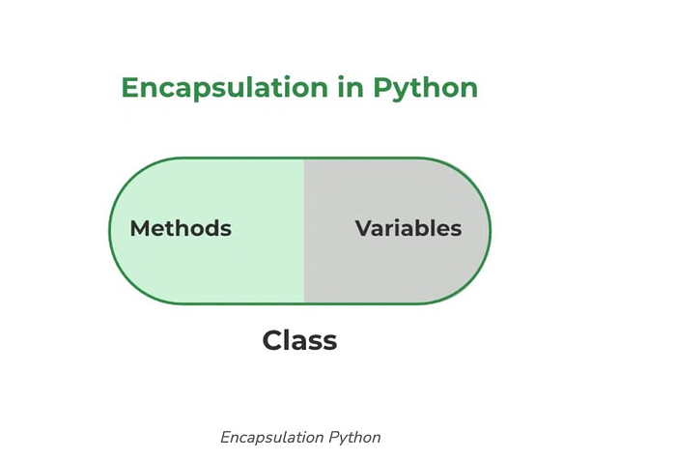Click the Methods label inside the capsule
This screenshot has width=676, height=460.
click(x=181, y=229)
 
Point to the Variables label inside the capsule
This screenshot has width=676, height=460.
click(x=408, y=229)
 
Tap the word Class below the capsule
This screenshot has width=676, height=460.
click(x=299, y=340)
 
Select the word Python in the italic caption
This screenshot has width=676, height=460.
click(x=354, y=437)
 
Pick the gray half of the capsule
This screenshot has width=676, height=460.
click(x=386, y=275)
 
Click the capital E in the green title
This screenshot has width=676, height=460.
click(x=129, y=88)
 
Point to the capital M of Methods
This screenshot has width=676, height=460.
click(x=139, y=229)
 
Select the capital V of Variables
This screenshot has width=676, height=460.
click(x=363, y=229)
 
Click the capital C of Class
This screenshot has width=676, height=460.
click(x=272, y=340)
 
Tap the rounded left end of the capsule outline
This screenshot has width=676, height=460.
click(x=110, y=231)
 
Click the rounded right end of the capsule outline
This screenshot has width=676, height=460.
click(x=490, y=231)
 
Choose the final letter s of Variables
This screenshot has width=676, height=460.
click(x=456, y=230)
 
